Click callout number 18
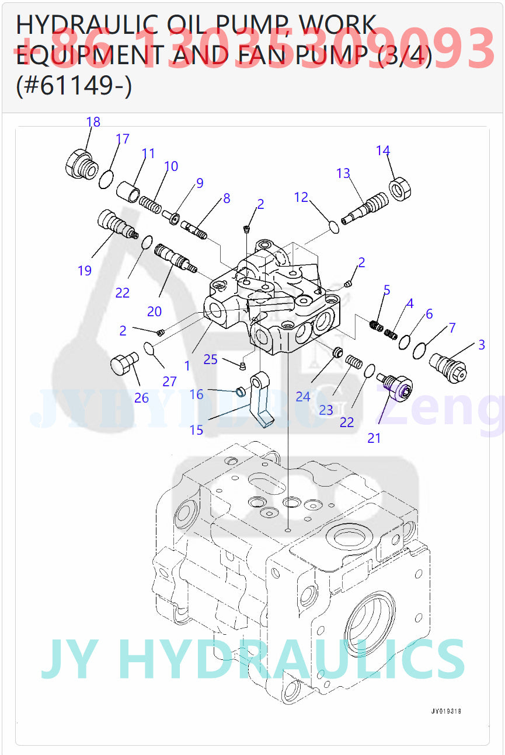[93, 122]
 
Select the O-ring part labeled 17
[106, 180]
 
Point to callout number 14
[382, 151]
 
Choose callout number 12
[301, 197]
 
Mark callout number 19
[85, 270]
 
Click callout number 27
[169, 382]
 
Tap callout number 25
[210, 359]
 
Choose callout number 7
[451, 328]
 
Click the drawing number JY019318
[446, 711]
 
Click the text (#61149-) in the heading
[74, 86]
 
